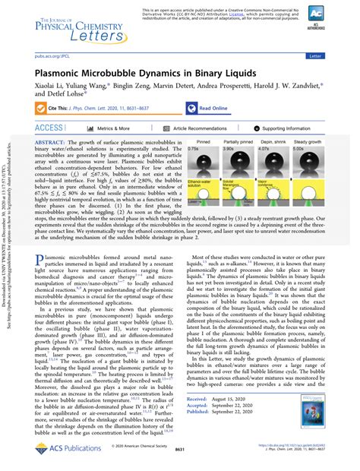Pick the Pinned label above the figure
[203, 141]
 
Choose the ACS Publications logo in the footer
[54, 450]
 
